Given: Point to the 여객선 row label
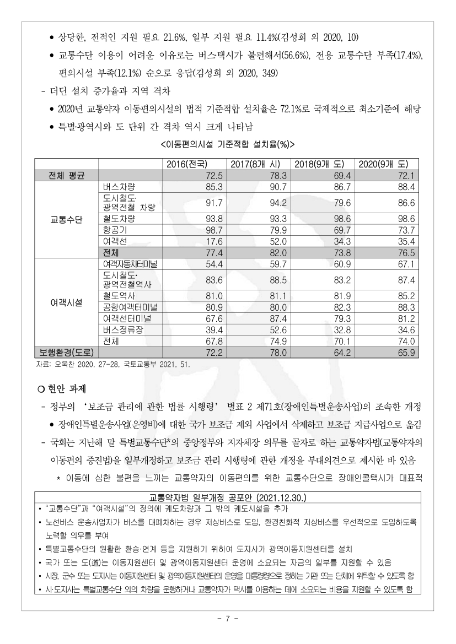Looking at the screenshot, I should (115, 241).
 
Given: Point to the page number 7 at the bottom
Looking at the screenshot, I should (228, 618).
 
